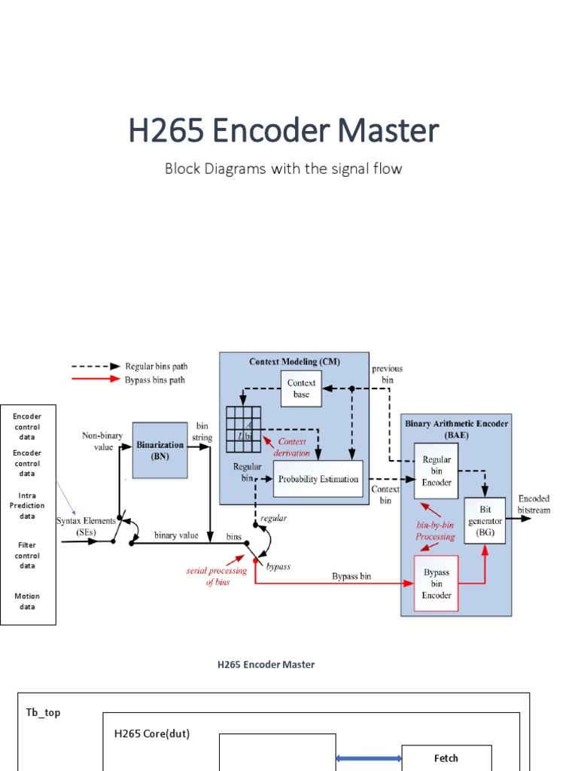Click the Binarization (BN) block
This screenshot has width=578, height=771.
(160, 449)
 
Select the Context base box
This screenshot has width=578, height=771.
(301, 389)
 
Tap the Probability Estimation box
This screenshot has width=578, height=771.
(318, 479)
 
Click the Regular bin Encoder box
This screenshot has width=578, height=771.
(437, 471)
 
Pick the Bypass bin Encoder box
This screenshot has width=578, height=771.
(437, 584)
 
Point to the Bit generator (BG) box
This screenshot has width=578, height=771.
(485, 520)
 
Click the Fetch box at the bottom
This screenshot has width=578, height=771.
(446, 758)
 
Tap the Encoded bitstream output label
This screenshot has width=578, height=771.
(534, 504)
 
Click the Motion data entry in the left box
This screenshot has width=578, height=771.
(27, 601)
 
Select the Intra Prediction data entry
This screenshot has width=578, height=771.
(27, 506)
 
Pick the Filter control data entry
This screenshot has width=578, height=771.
(27, 555)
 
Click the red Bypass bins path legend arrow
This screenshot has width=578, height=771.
(95, 380)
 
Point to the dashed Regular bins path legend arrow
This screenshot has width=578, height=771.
(95, 365)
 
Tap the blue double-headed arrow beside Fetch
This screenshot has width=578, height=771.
(369, 758)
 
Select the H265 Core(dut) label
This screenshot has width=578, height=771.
(151, 733)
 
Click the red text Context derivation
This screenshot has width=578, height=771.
(293, 446)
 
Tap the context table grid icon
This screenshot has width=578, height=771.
(243, 428)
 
